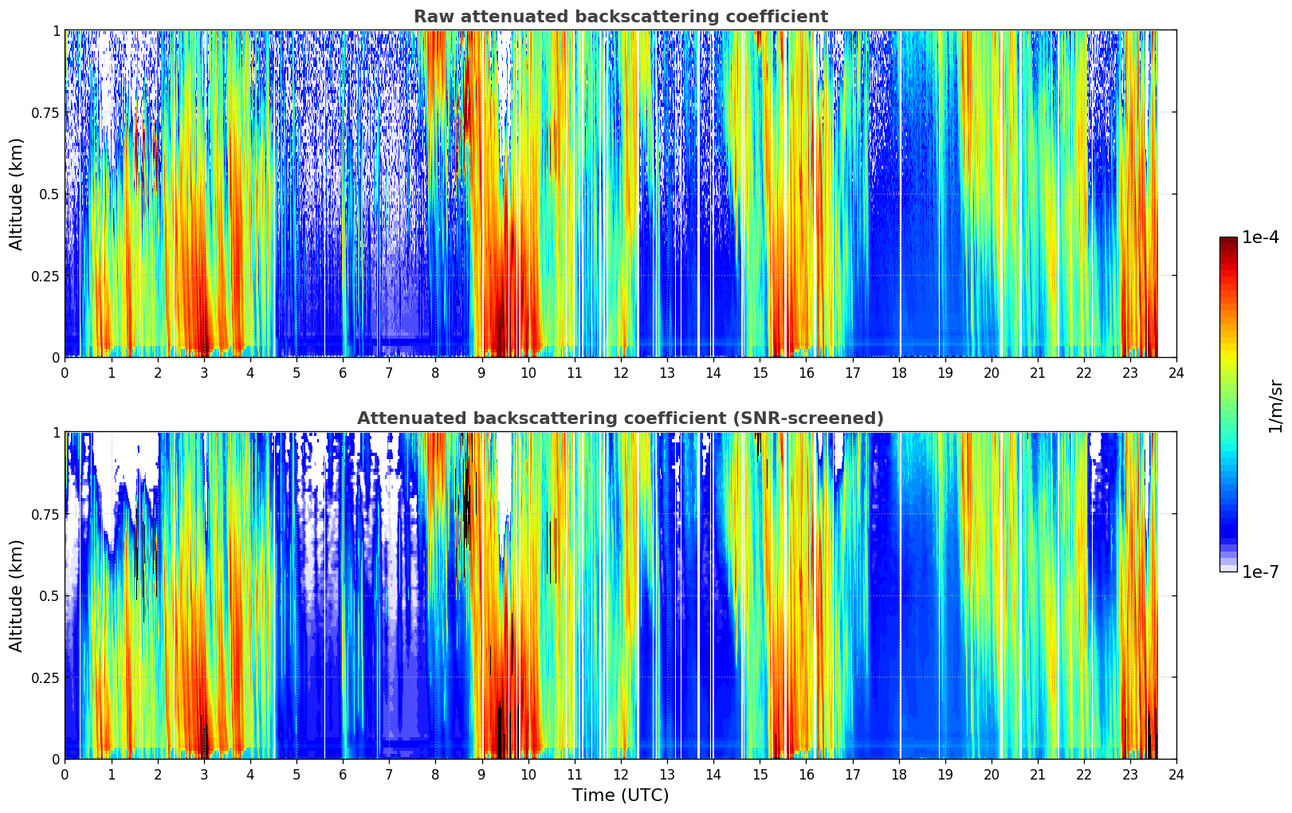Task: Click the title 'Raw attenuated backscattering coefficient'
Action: [620, 17]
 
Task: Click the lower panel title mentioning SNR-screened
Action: [620, 418]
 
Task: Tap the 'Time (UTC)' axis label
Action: [620, 795]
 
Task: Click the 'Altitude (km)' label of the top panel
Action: [17, 194]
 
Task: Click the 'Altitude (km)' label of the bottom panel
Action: [17, 595]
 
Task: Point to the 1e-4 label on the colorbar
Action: [1260, 238]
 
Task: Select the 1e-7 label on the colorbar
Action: [1260, 571]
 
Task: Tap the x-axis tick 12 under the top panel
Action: [621, 372]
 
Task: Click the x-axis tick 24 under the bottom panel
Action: [1176, 774]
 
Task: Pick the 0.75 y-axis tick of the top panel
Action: [45, 112]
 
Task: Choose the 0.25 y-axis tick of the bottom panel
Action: [45, 677]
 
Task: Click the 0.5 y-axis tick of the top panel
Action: [49, 194]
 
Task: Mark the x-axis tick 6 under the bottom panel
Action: [343, 774]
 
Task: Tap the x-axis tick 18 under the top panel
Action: [898, 372]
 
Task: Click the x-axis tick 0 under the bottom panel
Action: [65, 774]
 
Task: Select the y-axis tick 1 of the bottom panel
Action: [56, 432]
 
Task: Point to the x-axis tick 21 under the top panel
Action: [1038, 372]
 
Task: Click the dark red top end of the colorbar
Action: [1228, 242]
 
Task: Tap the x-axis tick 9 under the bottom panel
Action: [481, 774]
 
